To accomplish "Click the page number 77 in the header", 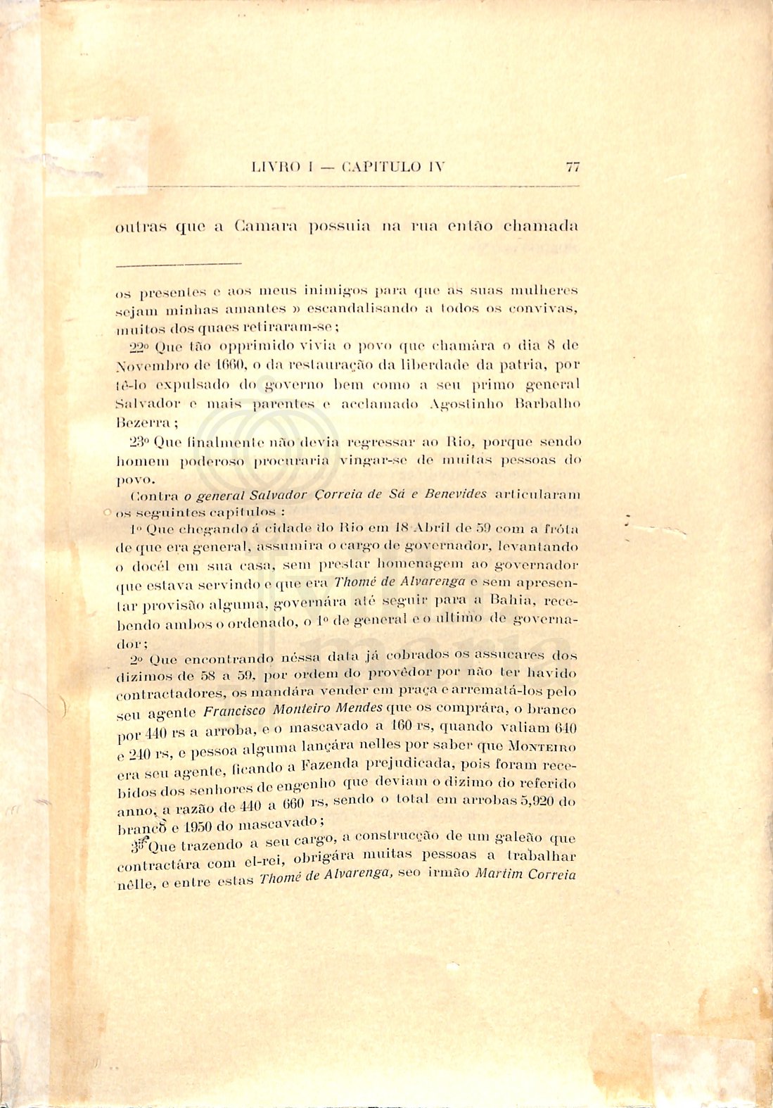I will (572, 168).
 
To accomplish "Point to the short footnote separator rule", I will (178, 264).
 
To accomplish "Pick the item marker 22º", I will (139, 346).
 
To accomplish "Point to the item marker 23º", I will (139, 442).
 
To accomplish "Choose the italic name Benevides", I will (456, 494).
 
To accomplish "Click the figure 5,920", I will (544, 801).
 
